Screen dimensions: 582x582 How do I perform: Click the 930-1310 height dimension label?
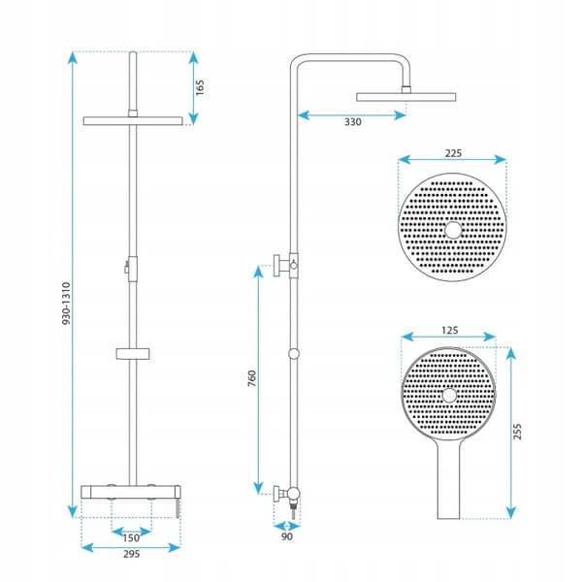[66, 304]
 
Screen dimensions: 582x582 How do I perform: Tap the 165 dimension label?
[200, 87]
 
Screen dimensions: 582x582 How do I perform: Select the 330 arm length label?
[353, 122]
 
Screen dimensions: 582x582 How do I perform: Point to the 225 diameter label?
[453, 153]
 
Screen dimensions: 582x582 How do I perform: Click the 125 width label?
[450, 330]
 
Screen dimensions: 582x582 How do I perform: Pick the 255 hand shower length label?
[517, 432]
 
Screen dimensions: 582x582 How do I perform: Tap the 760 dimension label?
[251, 378]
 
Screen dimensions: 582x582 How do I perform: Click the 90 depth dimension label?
[287, 536]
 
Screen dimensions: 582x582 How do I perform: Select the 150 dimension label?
[131, 537]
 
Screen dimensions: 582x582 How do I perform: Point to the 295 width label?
[131, 554]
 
